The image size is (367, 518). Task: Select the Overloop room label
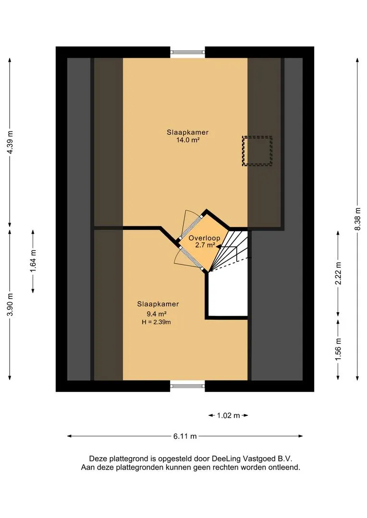[x=204, y=238]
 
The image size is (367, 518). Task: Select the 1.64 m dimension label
[x=33, y=261]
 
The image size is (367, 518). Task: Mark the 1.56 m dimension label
[x=338, y=349]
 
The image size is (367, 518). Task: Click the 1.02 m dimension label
[x=229, y=415]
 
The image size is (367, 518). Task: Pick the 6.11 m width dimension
[x=185, y=436]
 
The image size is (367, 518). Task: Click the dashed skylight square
[x=257, y=151]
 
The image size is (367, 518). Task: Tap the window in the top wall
[x=187, y=52]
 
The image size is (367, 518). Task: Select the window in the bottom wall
[x=187, y=386]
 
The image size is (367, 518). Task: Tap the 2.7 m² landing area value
[x=204, y=246]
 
